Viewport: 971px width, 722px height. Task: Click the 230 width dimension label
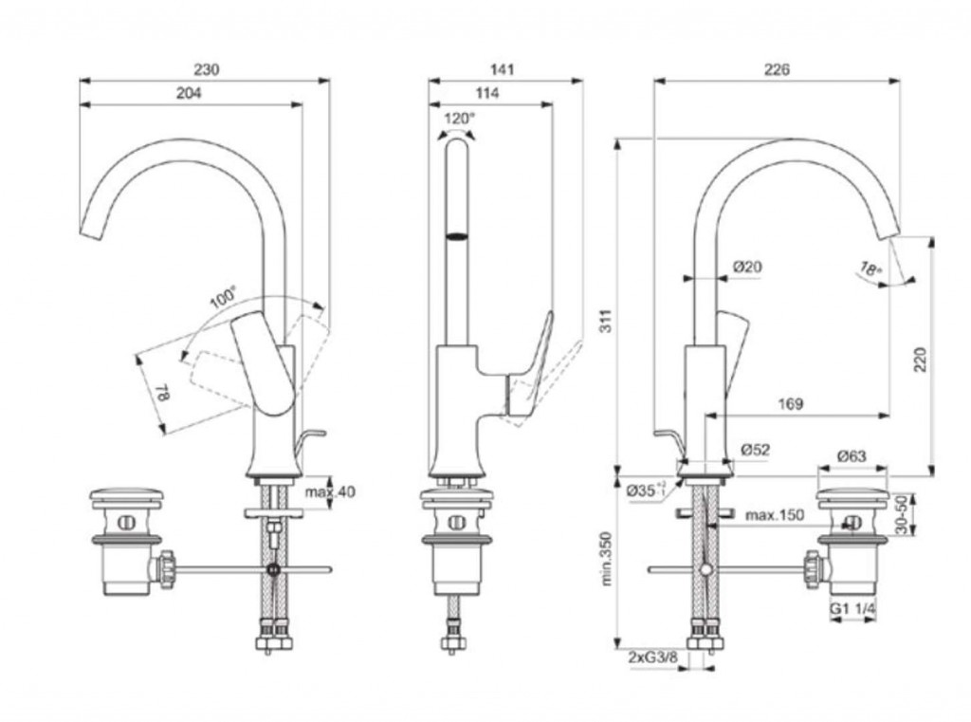(207, 69)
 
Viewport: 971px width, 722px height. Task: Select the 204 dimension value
(189, 93)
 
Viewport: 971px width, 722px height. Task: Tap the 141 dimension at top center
(503, 69)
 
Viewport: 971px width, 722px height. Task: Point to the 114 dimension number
(486, 93)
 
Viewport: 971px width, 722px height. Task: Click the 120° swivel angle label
(459, 119)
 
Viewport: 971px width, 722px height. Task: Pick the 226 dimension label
(777, 69)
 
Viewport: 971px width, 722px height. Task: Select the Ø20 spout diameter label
(747, 268)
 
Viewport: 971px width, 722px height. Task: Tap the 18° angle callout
(870, 268)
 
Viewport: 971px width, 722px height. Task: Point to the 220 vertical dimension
(921, 361)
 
